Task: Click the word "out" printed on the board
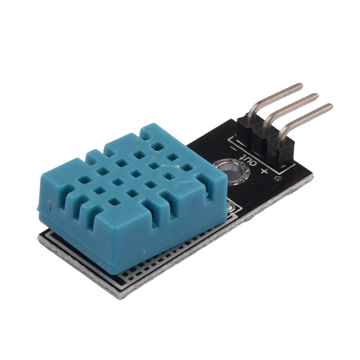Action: [249, 159]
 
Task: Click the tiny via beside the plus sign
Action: [277, 178]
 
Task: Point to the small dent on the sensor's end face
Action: [48, 206]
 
